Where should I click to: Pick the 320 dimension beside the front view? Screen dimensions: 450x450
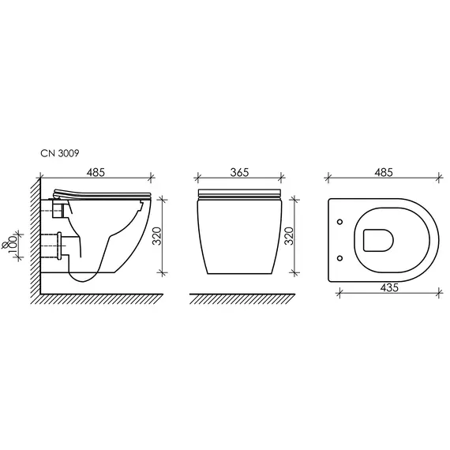[289, 235]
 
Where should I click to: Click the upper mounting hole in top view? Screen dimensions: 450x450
[339, 221]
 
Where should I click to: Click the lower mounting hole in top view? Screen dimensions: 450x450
[339, 257]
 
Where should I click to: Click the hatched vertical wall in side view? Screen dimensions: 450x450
[34, 237]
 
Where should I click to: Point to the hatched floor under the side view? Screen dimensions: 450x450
[95, 299]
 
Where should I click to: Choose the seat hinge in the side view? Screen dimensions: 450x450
[57, 194]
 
